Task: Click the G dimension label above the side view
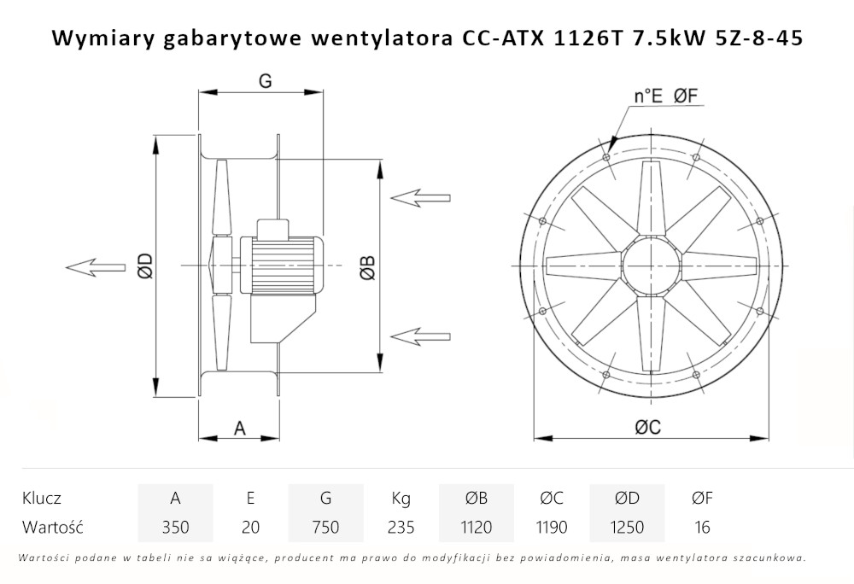point(265,81)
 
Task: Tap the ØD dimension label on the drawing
point(145,266)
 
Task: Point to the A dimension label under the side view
point(240,428)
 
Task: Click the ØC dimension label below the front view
point(647,429)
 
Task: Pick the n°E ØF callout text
point(667,96)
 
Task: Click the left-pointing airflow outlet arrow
point(93,267)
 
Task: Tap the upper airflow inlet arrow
point(419,197)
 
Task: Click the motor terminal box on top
point(275,228)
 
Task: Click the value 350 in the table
point(175,528)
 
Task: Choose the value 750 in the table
point(325,528)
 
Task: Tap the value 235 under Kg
point(401,528)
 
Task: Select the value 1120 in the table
point(476,528)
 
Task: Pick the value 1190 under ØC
point(551,528)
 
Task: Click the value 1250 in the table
point(627,528)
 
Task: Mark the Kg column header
point(401,499)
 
